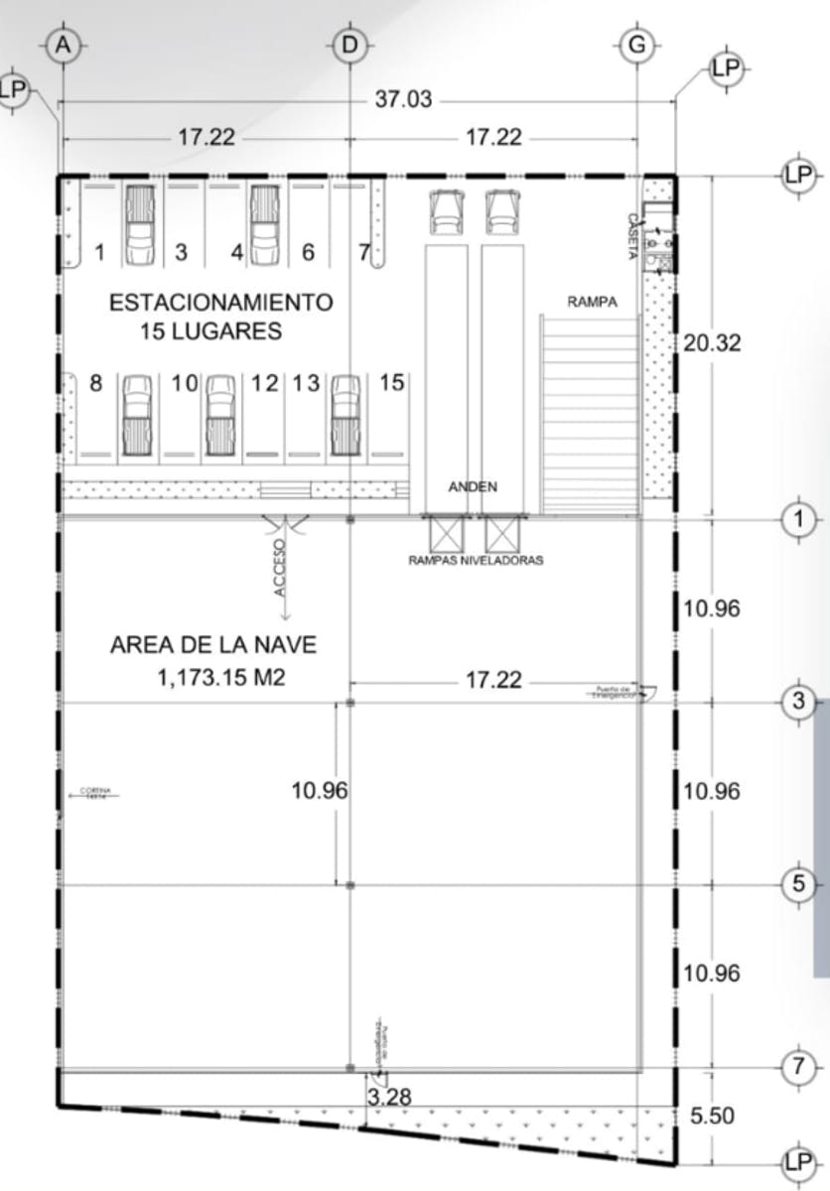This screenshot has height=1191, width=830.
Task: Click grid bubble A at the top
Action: (x=65, y=46)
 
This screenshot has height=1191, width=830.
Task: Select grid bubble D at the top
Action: (x=349, y=46)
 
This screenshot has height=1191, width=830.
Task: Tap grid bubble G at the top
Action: (x=635, y=46)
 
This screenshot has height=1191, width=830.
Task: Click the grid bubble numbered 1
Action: (x=798, y=518)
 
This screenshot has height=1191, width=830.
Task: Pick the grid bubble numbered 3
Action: (x=798, y=702)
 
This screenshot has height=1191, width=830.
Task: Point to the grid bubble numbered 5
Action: (x=798, y=884)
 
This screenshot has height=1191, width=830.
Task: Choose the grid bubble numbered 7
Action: (x=798, y=1068)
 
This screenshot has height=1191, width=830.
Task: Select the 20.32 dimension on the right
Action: (x=712, y=343)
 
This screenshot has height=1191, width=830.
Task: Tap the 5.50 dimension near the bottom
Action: (x=712, y=1116)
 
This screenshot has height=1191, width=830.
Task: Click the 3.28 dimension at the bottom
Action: (x=389, y=1097)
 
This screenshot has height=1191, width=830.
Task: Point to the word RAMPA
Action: (x=592, y=303)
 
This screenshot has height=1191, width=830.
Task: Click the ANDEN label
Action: (x=473, y=486)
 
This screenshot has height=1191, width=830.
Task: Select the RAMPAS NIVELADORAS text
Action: (x=476, y=560)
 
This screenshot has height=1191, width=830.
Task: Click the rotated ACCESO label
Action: (x=280, y=567)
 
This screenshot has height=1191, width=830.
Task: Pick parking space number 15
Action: (x=393, y=382)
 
